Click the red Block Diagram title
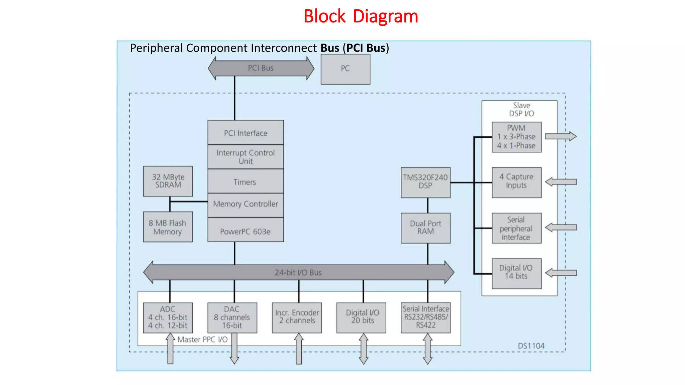[361, 16]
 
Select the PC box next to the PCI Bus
[345, 69]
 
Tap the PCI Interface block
[246, 133]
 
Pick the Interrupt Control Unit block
[246, 157]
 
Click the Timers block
[246, 182]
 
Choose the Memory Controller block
[246, 204]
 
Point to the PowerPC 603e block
[246, 231]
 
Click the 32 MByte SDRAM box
[168, 181]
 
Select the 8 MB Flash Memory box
[168, 227]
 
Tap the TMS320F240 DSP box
[425, 182]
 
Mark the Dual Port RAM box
[425, 228]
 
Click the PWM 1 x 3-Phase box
[516, 137]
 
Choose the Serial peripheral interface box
[516, 228]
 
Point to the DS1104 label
[531, 346]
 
